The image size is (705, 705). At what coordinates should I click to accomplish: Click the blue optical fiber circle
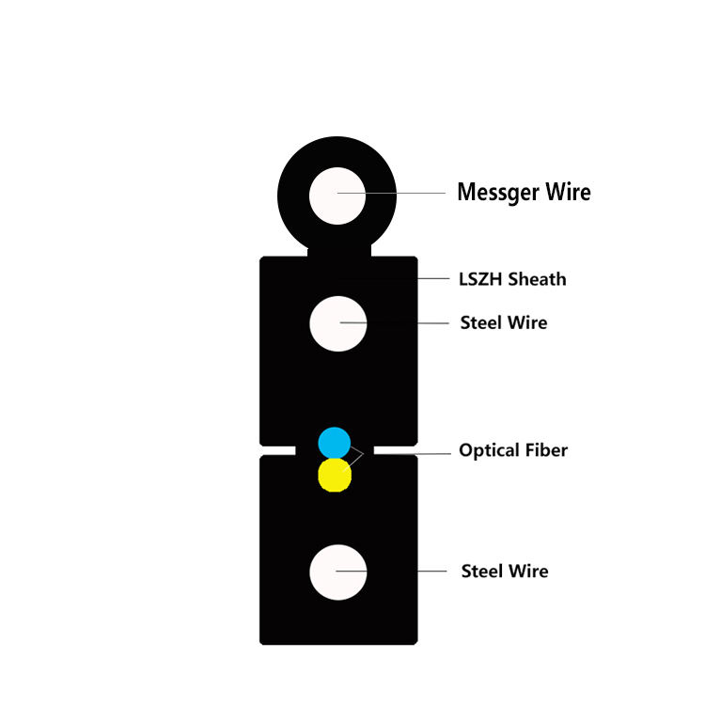[x=334, y=442]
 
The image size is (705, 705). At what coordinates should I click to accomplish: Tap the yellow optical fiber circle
[x=335, y=476]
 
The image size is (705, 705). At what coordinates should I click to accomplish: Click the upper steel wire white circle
[x=337, y=323]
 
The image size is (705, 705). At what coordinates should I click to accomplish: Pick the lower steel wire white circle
[x=337, y=572]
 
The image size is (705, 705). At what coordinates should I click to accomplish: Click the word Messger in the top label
[x=495, y=193]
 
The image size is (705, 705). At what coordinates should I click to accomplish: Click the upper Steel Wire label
[x=503, y=323]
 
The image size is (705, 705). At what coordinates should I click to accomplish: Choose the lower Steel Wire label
[x=504, y=572]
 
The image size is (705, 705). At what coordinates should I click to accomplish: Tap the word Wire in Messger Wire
[x=565, y=193]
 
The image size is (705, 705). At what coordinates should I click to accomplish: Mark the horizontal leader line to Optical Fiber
[x=414, y=452]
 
